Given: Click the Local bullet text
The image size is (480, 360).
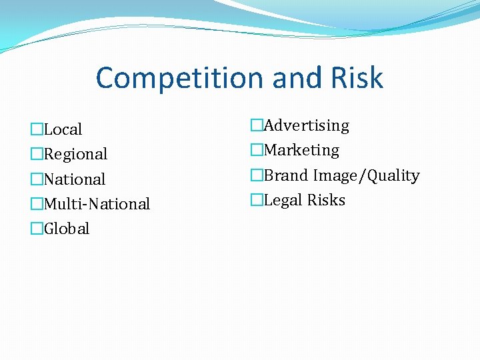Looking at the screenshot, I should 63,129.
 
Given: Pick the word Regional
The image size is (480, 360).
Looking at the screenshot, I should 75,154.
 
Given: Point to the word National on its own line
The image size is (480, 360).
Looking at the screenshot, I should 75,179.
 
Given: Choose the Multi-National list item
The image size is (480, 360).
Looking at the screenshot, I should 97,204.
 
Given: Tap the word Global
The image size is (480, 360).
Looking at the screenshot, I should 67,229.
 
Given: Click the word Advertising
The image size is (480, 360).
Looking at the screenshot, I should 307,125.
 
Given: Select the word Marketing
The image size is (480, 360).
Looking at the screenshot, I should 302,151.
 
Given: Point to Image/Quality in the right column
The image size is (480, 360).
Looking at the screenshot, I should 367,175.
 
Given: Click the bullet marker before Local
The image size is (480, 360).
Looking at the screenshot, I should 37,129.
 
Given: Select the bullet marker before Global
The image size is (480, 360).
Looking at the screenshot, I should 37,229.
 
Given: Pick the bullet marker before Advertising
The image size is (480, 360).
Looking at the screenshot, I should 257,125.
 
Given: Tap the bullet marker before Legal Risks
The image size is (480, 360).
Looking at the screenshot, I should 257,200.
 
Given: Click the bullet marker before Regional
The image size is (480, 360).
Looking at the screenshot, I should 37,154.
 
